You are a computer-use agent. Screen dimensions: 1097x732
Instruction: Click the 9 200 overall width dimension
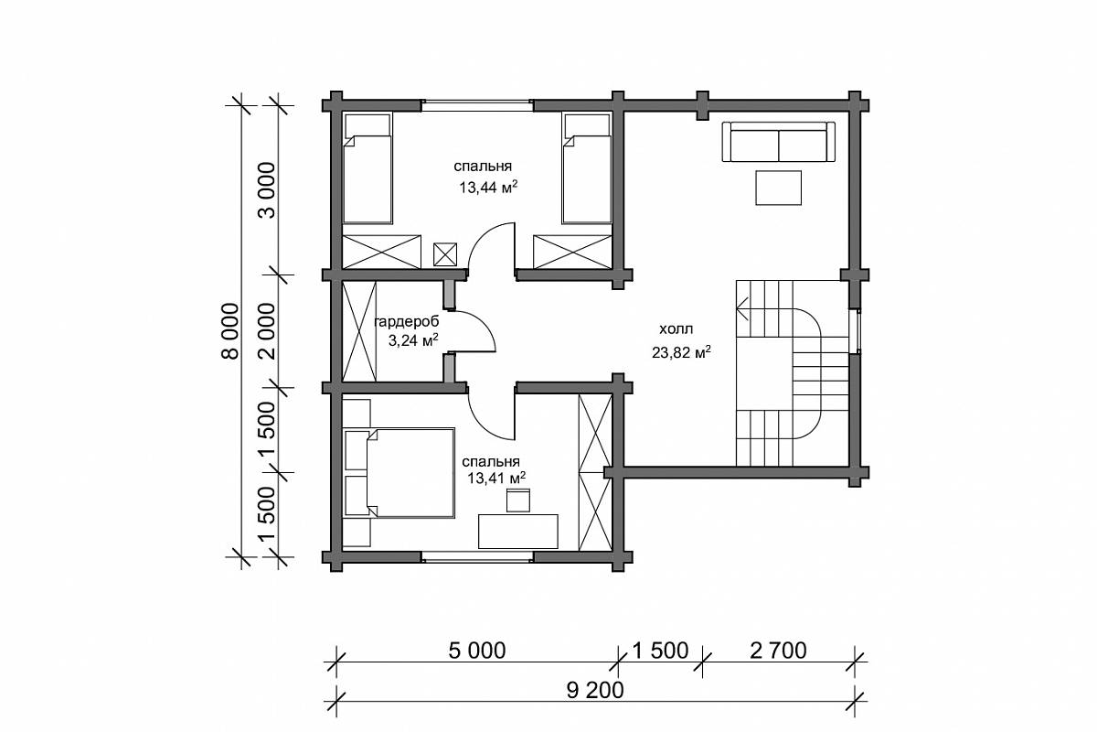[x=595, y=690]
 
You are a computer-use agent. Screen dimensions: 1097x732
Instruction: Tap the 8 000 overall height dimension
[x=229, y=331]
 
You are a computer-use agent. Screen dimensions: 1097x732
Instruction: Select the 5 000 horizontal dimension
[x=477, y=651]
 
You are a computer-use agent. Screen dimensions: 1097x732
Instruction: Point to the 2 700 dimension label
[x=778, y=651]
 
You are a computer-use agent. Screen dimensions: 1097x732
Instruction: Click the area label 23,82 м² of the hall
[x=681, y=352]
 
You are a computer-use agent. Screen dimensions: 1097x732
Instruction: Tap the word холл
[x=676, y=329]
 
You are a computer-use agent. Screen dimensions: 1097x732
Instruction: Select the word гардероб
[x=407, y=322]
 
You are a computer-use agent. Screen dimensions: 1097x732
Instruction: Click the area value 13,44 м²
[x=488, y=187]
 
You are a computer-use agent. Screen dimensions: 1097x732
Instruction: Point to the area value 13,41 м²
[x=496, y=478]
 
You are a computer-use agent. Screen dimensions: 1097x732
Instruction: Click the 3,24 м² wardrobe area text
[x=413, y=339]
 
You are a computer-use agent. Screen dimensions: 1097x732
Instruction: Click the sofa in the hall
[x=779, y=142]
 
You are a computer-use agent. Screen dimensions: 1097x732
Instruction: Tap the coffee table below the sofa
[x=778, y=188]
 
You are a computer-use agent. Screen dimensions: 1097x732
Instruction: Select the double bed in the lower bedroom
[x=399, y=473]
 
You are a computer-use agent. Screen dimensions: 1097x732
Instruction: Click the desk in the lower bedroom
[x=518, y=531]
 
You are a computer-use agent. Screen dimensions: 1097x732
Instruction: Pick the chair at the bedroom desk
[x=518, y=501]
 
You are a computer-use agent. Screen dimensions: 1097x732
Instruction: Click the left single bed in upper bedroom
[x=367, y=168]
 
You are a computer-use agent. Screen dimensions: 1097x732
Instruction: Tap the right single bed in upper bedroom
[x=587, y=168]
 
